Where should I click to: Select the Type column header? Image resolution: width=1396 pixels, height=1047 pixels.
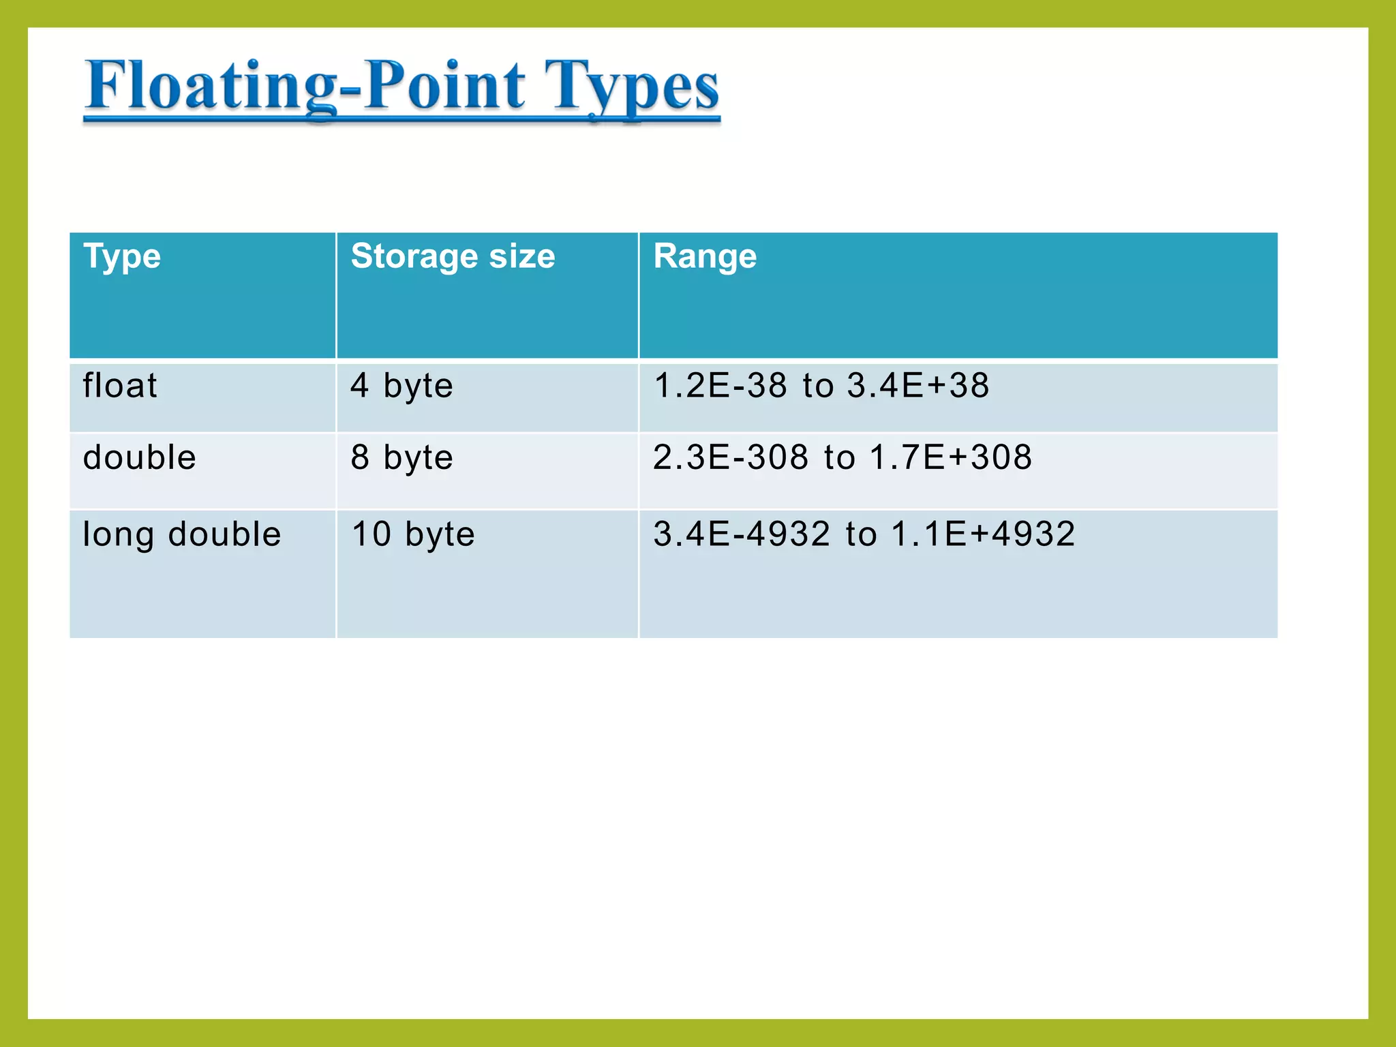(122, 257)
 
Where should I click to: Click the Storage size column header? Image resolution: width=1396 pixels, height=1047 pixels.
(453, 257)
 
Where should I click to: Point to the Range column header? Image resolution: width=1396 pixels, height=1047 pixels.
(705, 257)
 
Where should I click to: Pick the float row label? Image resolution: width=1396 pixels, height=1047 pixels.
(120, 386)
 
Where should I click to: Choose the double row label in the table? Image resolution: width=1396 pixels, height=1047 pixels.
(140, 457)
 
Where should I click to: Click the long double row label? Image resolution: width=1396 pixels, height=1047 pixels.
(181, 534)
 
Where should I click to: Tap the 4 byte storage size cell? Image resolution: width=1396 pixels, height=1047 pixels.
(401, 386)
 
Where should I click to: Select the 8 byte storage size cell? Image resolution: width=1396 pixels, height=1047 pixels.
(401, 457)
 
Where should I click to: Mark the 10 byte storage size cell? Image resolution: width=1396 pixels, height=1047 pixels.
(412, 534)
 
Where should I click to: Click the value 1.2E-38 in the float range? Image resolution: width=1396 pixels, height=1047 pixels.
(720, 386)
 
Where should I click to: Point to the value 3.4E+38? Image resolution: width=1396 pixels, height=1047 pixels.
(917, 386)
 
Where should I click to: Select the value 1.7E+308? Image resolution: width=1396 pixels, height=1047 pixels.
(950, 457)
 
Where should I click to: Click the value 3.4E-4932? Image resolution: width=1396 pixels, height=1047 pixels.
(742, 534)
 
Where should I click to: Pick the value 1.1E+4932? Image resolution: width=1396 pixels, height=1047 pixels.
(983, 534)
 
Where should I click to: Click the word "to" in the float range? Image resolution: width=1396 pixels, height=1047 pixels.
(818, 386)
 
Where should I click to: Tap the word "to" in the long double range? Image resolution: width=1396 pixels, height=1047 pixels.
(861, 535)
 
